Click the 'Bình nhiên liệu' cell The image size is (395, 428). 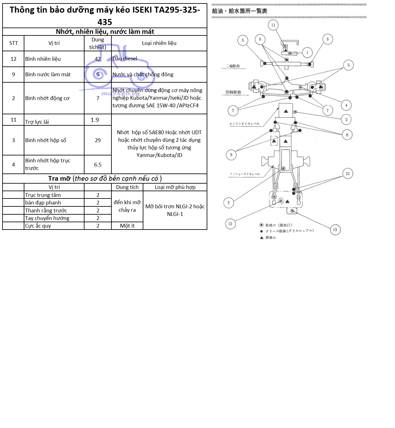pyautogui.click(x=43, y=59)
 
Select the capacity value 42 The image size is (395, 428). pyautogui.click(x=98, y=59)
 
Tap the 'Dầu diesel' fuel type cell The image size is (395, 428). pyautogui.click(x=125, y=59)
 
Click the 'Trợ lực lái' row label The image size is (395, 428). pyautogui.click(x=37, y=122)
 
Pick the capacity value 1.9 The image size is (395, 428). pyautogui.click(x=95, y=120)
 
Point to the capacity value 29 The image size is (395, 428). pyautogui.click(x=98, y=140)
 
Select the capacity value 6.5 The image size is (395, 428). pyautogui.click(x=98, y=165)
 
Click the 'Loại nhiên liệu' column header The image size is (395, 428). pyautogui.click(x=159, y=43)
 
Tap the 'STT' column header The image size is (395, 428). pyautogui.click(x=14, y=43)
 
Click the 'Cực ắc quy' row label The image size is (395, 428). pyautogui.click(x=38, y=226)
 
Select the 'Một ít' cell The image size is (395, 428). pyautogui.click(x=127, y=226)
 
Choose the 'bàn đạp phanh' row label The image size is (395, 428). pyautogui.click(x=43, y=203)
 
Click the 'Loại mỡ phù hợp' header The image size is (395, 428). pyautogui.click(x=175, y=187)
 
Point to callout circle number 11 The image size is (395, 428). pyautogui.click(x=273, y=25)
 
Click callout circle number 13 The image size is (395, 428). pyautogui.click(x=335, y=230)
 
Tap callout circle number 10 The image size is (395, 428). pyautogui.click(x=348, y=173)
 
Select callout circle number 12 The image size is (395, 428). pyautogui.click(x=230, y=224)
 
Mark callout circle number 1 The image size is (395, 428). pyautogui.click(x=307, y=53)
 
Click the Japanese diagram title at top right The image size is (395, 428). pyautogui.click(x=240, y=11)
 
